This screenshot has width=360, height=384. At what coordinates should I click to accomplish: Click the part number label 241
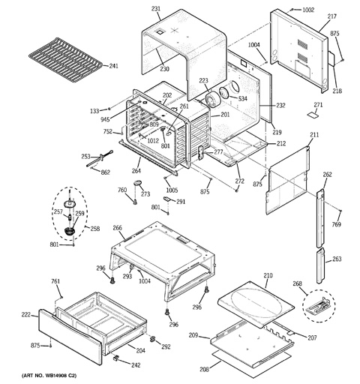[114, 66]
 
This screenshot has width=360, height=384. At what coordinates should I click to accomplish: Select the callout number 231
[156, 9]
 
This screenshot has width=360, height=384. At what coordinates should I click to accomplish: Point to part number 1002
[308, 10]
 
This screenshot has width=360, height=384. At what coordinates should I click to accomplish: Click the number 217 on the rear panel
[332, 16]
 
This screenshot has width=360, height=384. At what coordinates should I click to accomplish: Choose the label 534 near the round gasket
[242, 99]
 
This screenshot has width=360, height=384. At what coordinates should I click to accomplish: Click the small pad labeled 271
[313, 115]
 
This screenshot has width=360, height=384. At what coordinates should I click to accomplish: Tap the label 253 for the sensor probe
[85, 157]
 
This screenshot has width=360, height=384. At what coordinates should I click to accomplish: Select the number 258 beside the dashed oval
[95, 229]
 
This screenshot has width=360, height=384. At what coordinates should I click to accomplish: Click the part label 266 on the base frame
[117, 228]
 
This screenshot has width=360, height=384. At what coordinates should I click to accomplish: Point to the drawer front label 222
[26, 315]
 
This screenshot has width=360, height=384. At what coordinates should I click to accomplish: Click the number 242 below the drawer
[136, 365]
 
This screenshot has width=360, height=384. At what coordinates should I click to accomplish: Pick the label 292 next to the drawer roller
[166, 346]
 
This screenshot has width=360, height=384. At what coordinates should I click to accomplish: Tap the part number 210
[268, 275]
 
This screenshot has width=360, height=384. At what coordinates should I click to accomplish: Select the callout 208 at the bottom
[204, 369]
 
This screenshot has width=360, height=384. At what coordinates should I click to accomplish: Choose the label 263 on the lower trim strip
[337, 259]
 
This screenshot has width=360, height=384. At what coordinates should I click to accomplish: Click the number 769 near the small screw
[336, 224]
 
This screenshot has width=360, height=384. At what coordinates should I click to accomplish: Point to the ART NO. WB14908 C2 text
[49, 376]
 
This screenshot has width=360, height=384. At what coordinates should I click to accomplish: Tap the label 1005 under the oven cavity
[172, 190]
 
